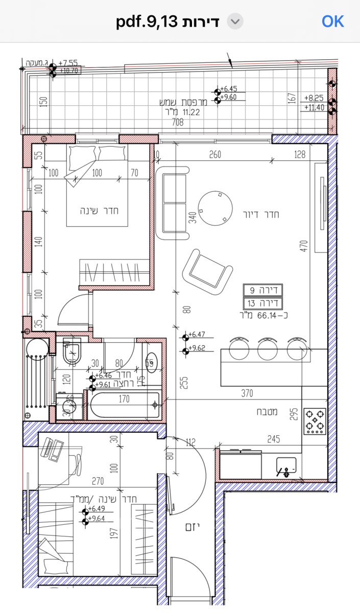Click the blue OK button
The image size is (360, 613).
point(333,21)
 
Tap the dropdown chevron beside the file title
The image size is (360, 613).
point(235,21)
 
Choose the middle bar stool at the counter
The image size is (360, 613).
point(267,349)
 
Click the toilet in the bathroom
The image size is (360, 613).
point(73,351)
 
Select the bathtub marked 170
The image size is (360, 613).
point(124,405)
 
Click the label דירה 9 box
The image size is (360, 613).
point(262,290)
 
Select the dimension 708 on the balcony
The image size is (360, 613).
point(178,122)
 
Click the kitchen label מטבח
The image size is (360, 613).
point(268,412)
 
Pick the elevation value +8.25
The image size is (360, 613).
point(314,97)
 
